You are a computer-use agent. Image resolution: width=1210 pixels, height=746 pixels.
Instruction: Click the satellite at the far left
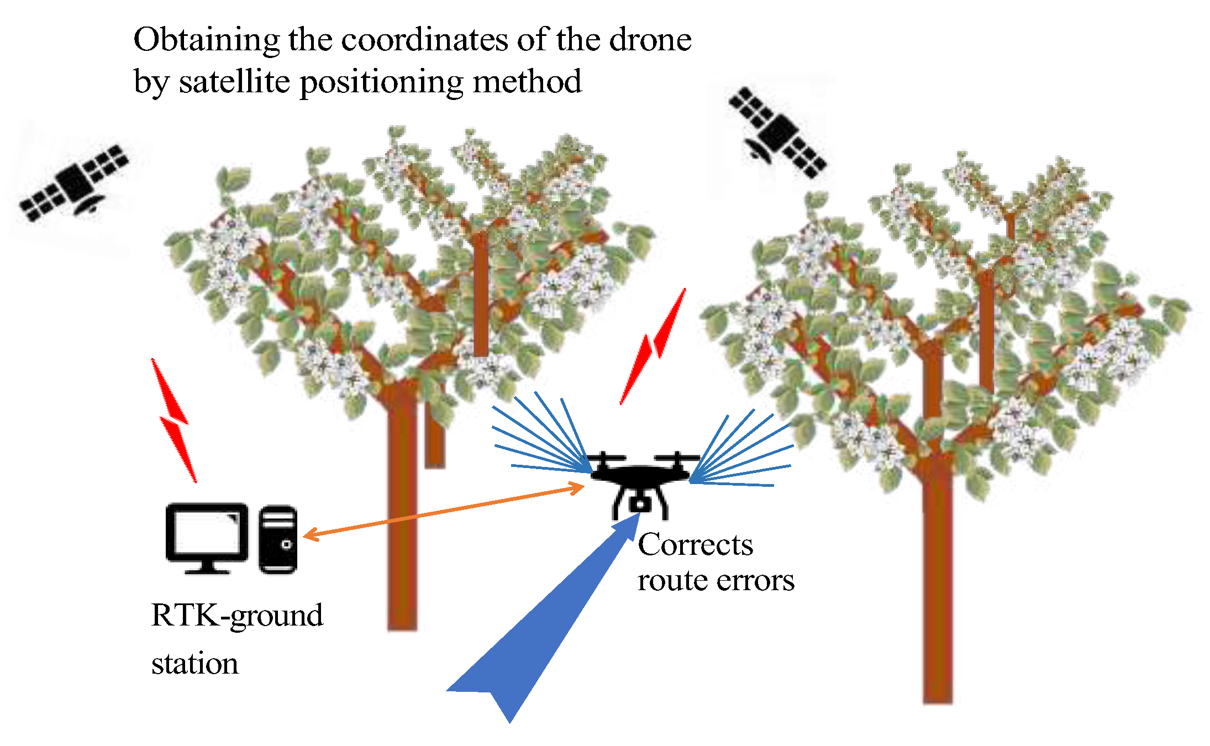pyautogui.click(x=75, y=182)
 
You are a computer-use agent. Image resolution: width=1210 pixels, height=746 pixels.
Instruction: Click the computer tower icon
pyautogui.click(x=278, y=539)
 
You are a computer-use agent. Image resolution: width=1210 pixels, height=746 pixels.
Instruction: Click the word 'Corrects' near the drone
pyautogui.click(x=695, y=545)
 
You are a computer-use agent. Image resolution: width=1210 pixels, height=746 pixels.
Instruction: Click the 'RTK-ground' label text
pyautogui.click(x=237, y=616)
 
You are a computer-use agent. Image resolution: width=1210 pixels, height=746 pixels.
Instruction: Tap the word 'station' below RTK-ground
pyautogui.click(x=195, y=663)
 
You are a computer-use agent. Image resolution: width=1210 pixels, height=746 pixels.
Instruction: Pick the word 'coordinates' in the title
pyautogui.click(x=424, y=40)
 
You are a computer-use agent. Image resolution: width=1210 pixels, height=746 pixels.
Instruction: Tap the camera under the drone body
pyautogui.click(x=639, y=505)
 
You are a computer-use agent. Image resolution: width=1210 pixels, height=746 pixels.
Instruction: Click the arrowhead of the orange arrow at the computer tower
pyautogui.click(x=309, y=534)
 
